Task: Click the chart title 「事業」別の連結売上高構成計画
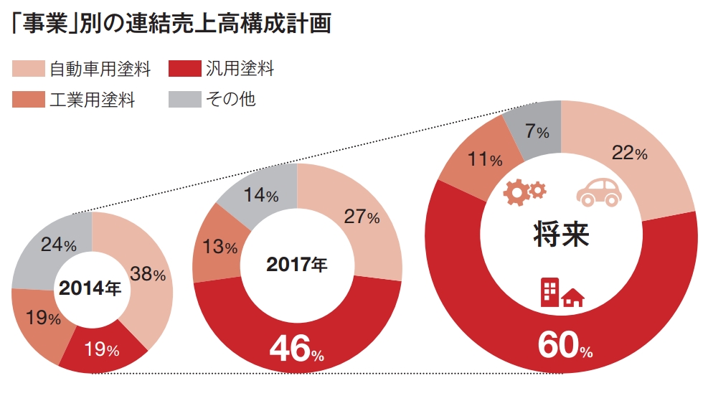coord(171,24)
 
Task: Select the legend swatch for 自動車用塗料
coord(29,69)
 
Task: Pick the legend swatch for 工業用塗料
coord(29,99)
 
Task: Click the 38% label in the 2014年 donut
coord(147,273)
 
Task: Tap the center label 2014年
coord(90,289)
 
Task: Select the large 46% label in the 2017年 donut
coord(296,349)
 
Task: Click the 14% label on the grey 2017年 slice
coord(261,195)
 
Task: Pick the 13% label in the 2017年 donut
coord(220,247)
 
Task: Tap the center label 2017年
coord(296,265)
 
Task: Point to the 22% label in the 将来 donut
coord(629,152)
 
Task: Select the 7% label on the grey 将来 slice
coord(537,131)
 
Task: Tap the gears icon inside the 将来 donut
coord(525,192)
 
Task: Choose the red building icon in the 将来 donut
coord(562,293)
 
